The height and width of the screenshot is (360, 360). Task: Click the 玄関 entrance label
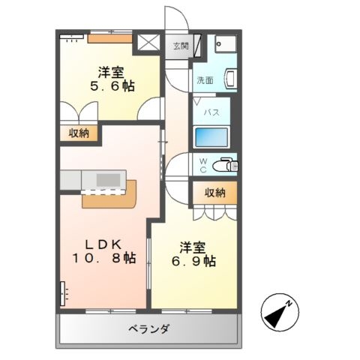tap(181, 46)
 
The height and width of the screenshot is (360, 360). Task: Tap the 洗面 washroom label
tap(205, 80)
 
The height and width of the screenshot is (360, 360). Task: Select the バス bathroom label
tap(211, 112)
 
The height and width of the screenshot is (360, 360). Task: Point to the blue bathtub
tap(211, 137)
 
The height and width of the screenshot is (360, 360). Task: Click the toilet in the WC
tap(225, 165)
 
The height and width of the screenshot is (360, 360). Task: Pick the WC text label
tap(203, 166)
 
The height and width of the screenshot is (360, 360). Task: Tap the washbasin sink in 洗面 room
tap(230, 79)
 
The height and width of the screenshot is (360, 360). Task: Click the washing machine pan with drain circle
tap(226, 44)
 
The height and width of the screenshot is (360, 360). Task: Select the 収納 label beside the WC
tap(215, 193)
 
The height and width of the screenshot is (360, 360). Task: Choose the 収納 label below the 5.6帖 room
tap(79, 133)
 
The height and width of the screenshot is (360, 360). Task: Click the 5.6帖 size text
tap(112, 86)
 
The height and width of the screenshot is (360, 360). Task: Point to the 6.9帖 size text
tap(193, 261)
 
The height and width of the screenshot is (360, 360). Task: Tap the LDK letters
tap(103, 244)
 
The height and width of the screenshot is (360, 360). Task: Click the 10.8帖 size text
tap(104, 258)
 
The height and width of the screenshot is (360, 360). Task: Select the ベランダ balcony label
tap(149, 329)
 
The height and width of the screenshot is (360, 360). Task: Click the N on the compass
tap(289, 304)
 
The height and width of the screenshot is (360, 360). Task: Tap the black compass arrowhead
tap(274, 316)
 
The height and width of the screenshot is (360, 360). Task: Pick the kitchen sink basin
tap(108, 180)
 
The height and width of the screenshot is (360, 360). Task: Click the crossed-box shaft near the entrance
tap(148, 42)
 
